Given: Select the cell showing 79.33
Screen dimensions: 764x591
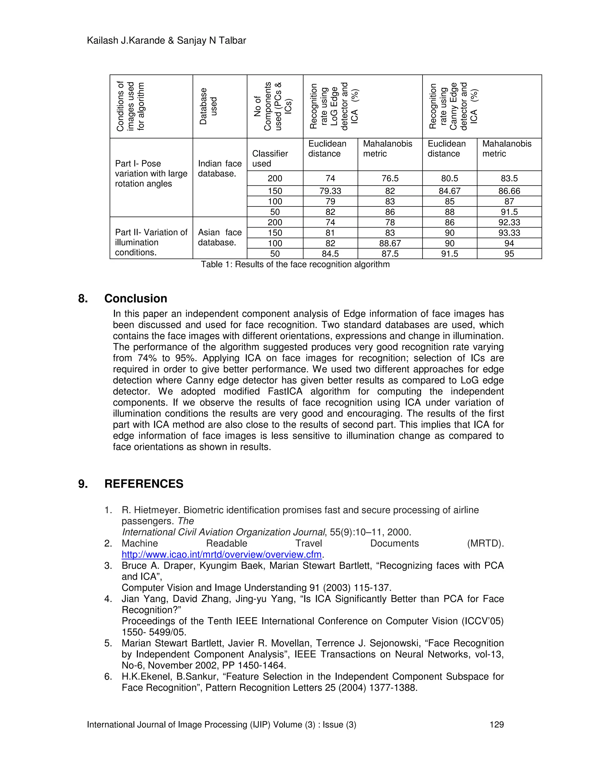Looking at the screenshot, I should (x=330, y=191).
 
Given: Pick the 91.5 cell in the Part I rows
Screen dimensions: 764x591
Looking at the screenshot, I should (x=509, y=212).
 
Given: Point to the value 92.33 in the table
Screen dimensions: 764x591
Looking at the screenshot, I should (x=509, y=223).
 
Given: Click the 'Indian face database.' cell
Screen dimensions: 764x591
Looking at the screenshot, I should (x=220, y=169).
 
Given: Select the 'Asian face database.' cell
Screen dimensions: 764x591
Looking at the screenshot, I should (x=220, y=238).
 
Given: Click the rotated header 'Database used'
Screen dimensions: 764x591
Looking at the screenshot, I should (x=208, y=106).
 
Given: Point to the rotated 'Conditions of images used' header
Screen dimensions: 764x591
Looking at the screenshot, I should (x=130, y=106).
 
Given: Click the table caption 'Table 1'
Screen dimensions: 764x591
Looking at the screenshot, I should (x=295, y=264).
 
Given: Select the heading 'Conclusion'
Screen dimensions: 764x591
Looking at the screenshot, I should (x=136, y=298).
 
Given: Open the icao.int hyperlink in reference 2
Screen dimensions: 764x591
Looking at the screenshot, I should (x=221, y=554).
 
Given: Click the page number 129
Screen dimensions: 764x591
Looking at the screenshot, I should (x=496, y=725).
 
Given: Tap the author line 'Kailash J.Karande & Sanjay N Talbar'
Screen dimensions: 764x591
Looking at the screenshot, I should (x=166, y=41).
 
